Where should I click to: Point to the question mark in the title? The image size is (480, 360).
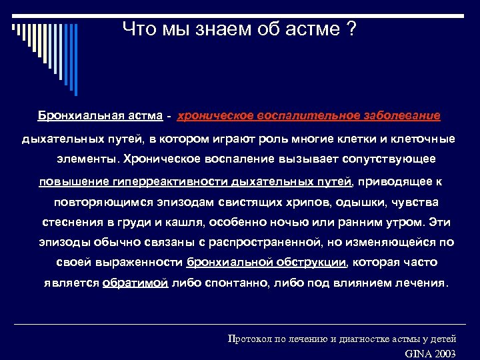(x=351, y=29)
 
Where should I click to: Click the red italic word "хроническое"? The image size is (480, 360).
(x=214, y=115)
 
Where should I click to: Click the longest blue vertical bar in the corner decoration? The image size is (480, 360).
(x=76, y=60)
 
